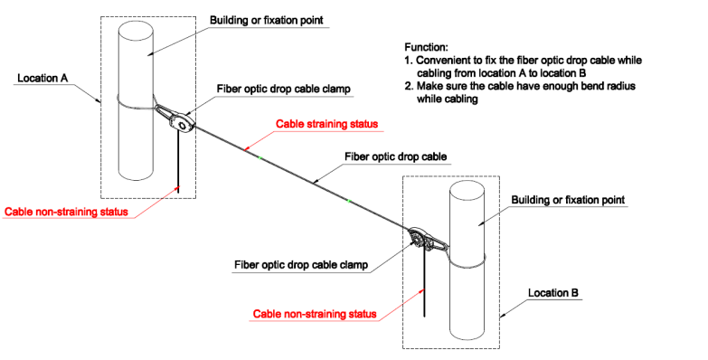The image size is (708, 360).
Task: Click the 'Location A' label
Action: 43,79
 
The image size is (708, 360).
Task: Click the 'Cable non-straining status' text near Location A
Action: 65,212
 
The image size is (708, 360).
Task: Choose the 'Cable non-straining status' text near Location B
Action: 314,314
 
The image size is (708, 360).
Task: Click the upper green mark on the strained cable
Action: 260,157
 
